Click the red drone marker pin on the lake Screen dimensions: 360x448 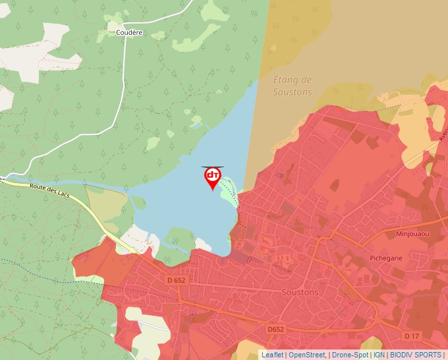[x=213, y=177]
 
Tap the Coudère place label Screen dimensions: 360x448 [x=129, y=32]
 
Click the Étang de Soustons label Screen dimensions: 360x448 [x=292, y=86]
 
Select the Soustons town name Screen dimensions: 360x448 [x=299, y=292]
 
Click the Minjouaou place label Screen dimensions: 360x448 [x=412, y=234]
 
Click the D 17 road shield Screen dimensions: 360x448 [x=411, y=336]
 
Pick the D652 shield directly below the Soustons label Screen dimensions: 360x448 [x=275, y=328]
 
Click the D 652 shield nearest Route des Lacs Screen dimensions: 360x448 [x=176, y=280]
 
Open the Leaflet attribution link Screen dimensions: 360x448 [x=272, y=355]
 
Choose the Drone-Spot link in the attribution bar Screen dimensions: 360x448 [x=350, y=355]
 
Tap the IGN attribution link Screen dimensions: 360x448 [x=379, y=355]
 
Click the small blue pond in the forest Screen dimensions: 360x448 [x=196, y=122]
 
